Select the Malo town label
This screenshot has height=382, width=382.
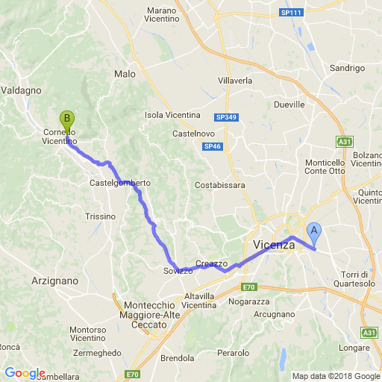point(125,74)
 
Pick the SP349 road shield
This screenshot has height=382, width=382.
point(224,117)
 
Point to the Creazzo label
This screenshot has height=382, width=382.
point(211,264)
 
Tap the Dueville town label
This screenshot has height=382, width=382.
point(290,105)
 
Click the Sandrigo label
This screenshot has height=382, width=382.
point(347,68)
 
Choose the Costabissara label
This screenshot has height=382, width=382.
point(220,184)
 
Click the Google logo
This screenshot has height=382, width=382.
point(24,373)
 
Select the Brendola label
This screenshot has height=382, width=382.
point(178,357)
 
